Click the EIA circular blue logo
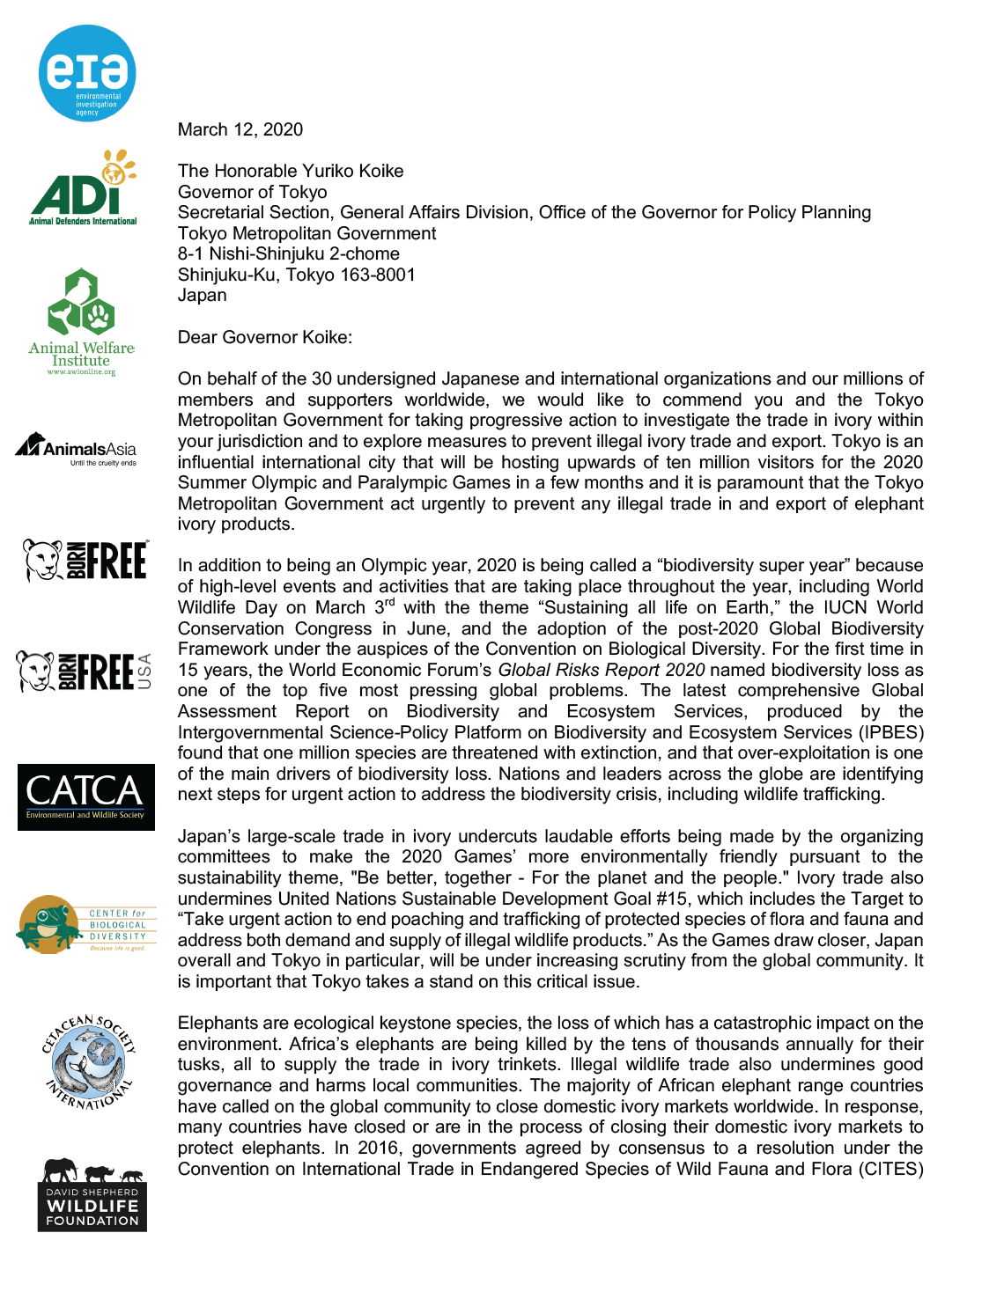87,73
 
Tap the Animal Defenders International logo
83,187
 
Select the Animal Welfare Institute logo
81,322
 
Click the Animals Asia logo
77,448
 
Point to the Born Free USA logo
85,672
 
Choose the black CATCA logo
85,796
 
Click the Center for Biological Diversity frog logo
85,924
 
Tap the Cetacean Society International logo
89,1061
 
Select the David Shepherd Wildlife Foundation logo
92,1194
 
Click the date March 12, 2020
240,130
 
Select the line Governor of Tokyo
252,192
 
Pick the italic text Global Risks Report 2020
601,670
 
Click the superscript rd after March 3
389,603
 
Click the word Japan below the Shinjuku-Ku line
202,296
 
